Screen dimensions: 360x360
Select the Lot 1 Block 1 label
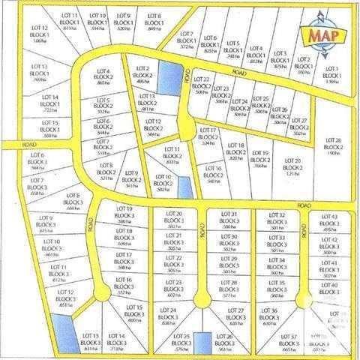(331, 76)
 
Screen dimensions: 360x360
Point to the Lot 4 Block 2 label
(103, 76)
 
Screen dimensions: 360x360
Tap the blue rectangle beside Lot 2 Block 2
(170, 77)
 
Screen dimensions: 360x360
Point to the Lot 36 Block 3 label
(270, 316)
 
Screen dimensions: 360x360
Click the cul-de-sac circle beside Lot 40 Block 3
(302, 298)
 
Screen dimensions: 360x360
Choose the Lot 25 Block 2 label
(261, 105)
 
